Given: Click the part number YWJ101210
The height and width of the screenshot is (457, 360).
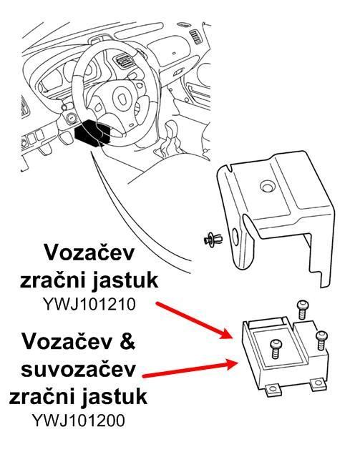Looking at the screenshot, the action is [x=89, y=304].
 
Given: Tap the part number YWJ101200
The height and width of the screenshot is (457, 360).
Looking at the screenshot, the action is [x=79, y=421].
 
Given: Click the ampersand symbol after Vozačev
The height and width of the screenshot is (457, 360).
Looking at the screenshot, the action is [x=127, y=340].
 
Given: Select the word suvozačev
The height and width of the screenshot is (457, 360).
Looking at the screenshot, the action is [x=78, y=370].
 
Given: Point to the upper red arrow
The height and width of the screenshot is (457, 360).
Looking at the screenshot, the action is [x=194, y=321].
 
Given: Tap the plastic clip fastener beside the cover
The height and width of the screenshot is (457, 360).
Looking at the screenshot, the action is [x=213, y=240].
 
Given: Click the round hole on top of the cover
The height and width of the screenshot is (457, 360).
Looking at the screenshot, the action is [x=267, y=186].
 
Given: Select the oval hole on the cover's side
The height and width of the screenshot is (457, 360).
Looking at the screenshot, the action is [x=235, y=237].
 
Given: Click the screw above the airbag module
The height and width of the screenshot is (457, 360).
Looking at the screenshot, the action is [x=303, y=310].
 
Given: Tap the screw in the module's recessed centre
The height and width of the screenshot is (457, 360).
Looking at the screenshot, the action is [x=276, y=348].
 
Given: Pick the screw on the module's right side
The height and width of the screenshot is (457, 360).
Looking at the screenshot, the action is [x=321, y=340].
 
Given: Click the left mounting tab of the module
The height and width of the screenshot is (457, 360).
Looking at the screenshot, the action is [x=273, y=389].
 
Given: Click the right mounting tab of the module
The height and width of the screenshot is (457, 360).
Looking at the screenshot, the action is [x=317, y=385].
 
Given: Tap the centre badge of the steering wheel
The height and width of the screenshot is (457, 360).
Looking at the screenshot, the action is [x=122, y=99].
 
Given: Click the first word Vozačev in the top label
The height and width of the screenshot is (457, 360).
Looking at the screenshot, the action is [x=89, y=252].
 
